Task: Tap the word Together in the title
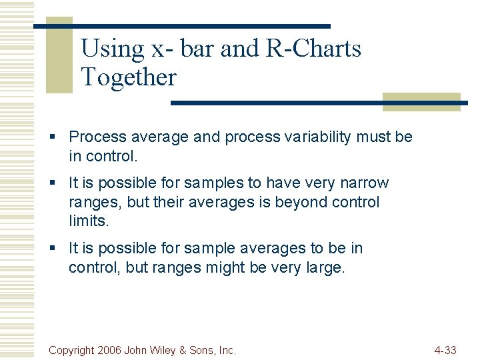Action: coord(128,77)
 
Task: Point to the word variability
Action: coord(319,137)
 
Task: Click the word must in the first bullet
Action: coord(373,137)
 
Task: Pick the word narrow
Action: coord(364,183)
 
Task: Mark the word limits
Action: coord(88,221)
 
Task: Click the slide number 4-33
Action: coord(445,350)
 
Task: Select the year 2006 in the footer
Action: coord(109,350)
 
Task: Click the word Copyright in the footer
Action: coord(71,350)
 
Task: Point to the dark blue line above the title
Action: coord(181,26)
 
